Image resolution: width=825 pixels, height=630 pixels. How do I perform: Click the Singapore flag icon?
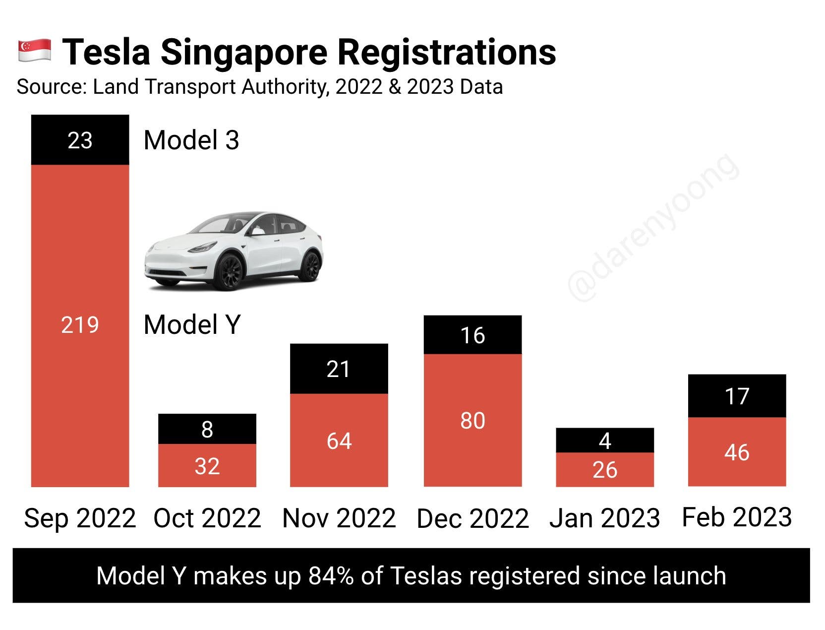click(35, 51)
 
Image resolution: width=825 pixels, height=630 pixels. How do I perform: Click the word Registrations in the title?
click(447, 52)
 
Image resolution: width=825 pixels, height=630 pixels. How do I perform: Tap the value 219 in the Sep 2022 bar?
click(80, 325)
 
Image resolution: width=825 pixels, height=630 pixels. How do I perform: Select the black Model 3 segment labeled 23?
click(80, 140)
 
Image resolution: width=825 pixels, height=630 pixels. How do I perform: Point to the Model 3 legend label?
click(191, 140)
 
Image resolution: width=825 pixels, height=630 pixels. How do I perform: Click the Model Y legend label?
click(192, 325)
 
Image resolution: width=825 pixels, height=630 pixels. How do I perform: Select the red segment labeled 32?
click(207, 466)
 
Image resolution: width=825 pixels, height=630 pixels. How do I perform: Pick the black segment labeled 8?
click(207, 429)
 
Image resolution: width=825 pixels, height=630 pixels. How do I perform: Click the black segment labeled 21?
click(339, 369)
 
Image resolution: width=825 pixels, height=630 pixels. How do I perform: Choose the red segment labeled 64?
click(339, 441)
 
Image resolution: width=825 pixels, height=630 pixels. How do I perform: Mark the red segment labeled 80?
click(472, 421)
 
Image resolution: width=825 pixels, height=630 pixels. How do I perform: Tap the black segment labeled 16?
click(472, 335)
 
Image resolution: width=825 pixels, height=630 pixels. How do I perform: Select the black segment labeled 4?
click(605, 441)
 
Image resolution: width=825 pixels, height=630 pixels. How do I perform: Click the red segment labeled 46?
click(737, 452)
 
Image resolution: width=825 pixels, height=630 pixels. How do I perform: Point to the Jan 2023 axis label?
click(605, 518)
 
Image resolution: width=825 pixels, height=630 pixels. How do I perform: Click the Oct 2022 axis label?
click(207, 518)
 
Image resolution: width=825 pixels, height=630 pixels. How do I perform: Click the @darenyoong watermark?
click(654, 228)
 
